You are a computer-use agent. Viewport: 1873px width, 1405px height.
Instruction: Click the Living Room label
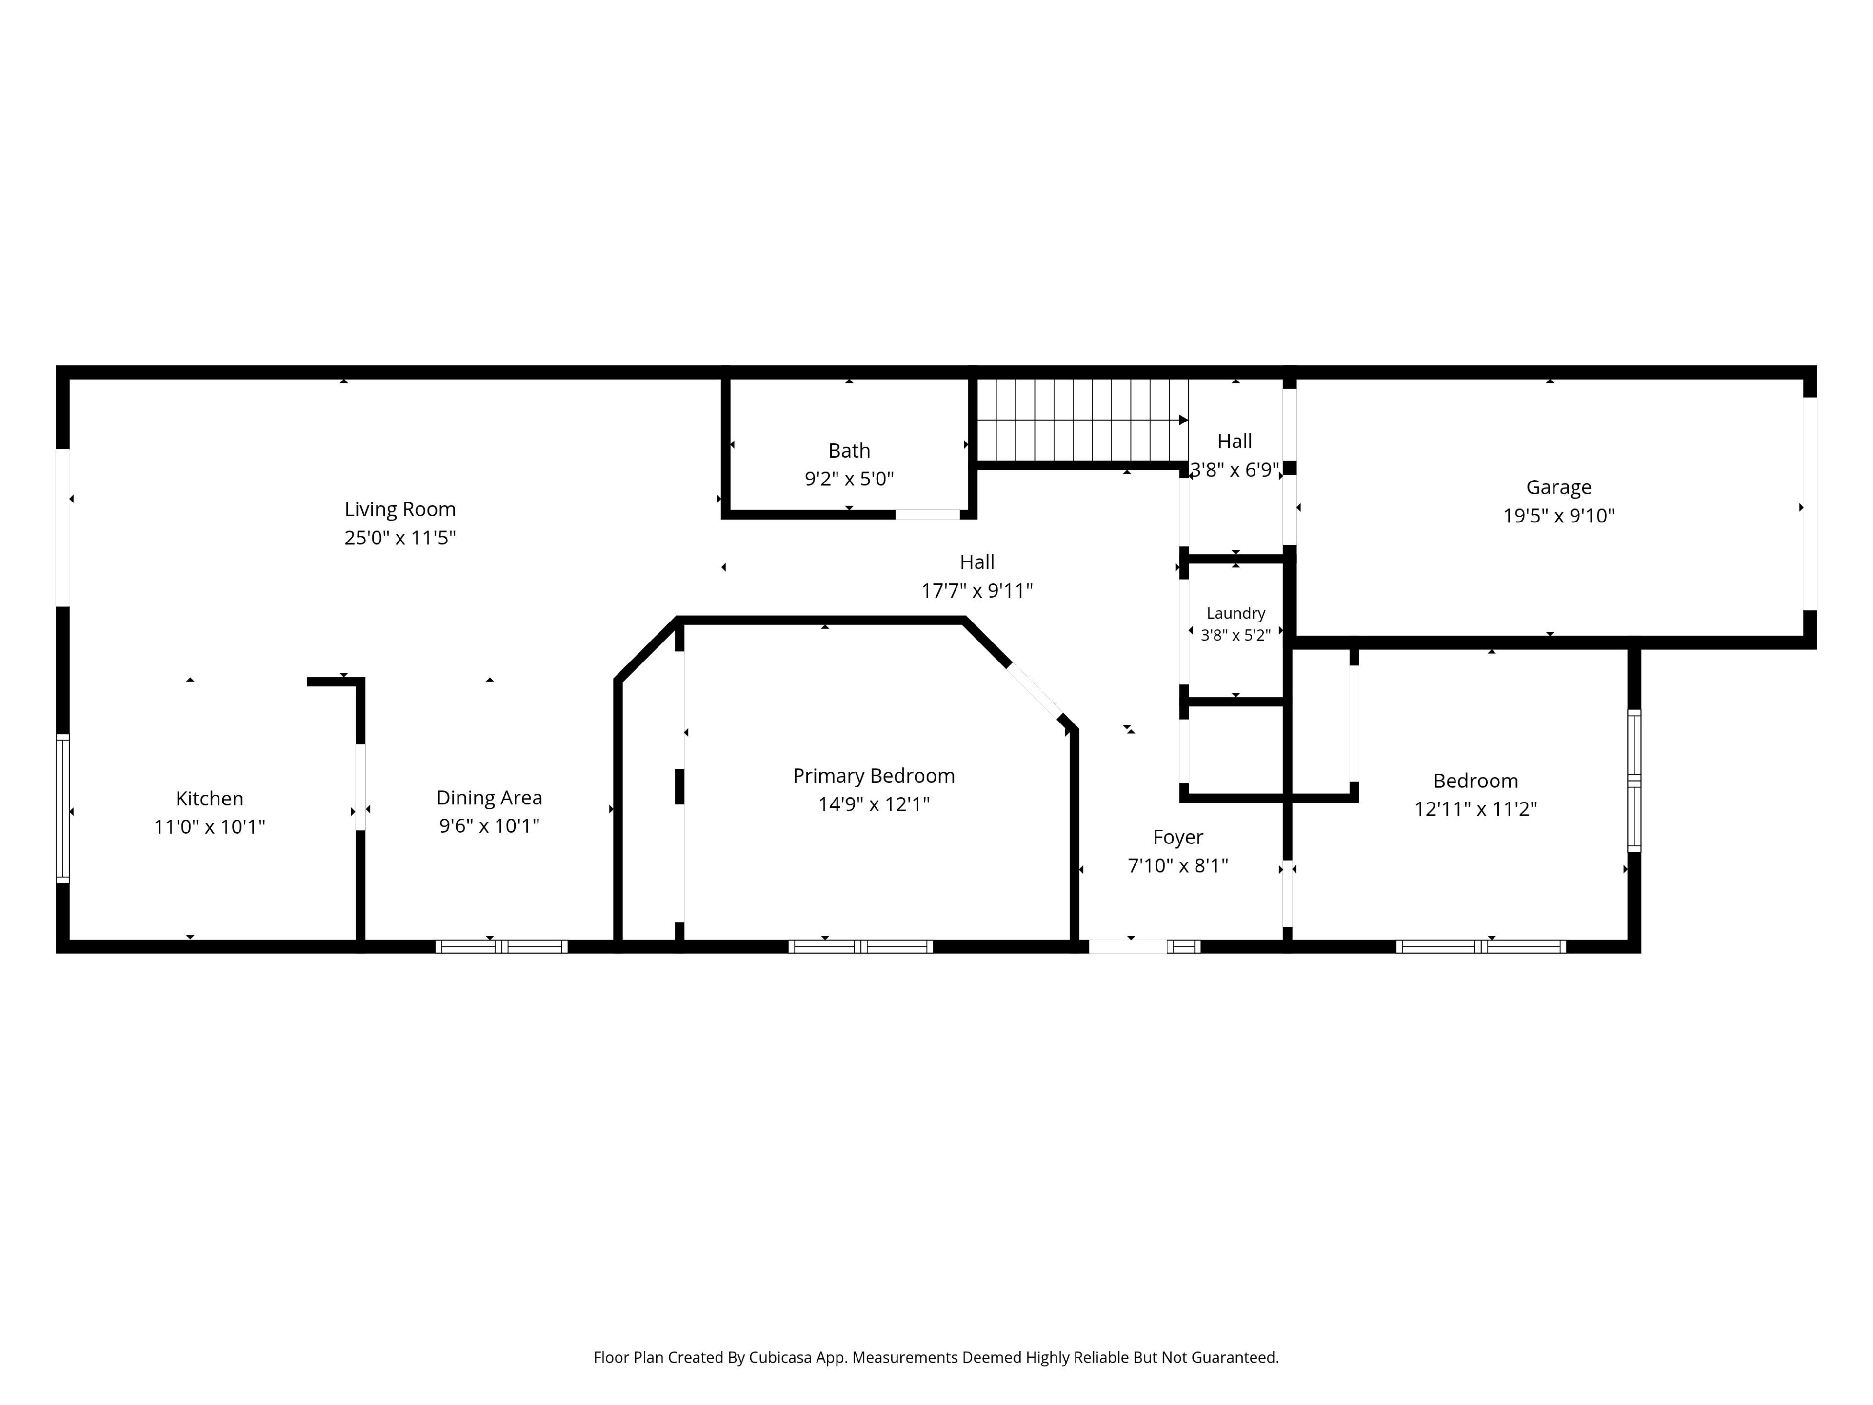399,509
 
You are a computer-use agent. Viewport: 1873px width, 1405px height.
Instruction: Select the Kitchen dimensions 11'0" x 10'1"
209,826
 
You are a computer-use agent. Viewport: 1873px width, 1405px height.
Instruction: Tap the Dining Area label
489,798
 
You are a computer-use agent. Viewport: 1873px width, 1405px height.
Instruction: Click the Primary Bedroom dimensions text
874,803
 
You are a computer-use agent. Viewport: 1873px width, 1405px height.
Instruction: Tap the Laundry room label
1235,613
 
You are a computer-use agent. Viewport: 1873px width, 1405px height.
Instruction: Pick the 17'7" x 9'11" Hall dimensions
977,590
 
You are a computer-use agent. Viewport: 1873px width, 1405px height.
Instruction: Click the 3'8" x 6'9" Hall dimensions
1235,469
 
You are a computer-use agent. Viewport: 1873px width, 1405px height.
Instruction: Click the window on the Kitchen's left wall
62,809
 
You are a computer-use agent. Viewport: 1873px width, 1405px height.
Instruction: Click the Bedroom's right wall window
1634,780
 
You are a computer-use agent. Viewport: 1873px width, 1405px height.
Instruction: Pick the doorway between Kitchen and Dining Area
361,787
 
